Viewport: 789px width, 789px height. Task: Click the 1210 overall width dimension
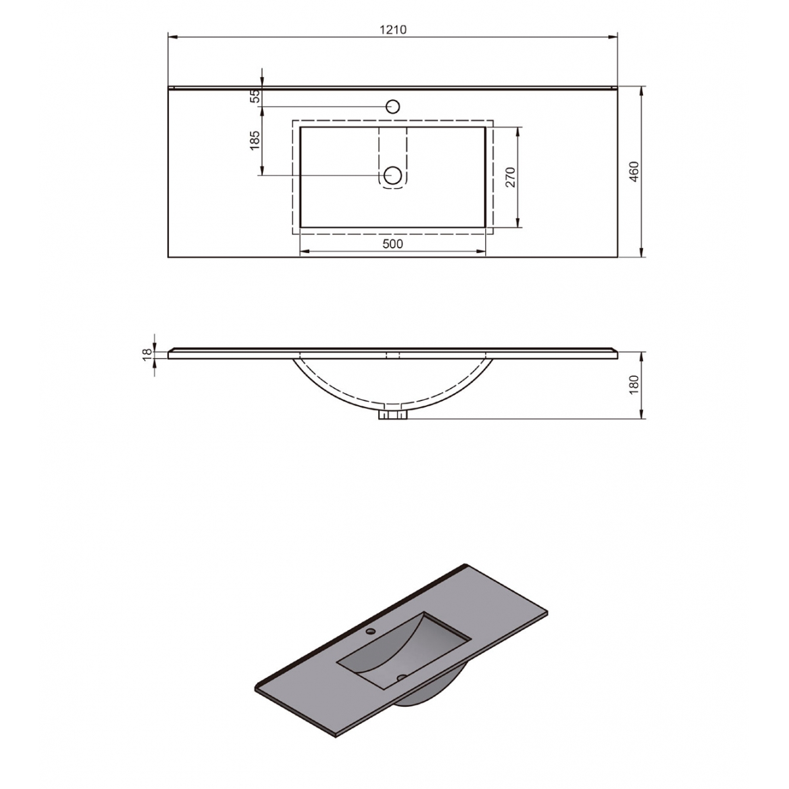pyautogui.click(x=393, y=30)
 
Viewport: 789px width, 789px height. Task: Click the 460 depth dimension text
pyautogui.click(x=634, y=172)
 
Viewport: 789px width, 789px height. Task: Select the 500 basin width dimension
pyautogui.click(x=392, y=244)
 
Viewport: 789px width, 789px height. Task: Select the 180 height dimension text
pyautogui.click(x=634, y=385)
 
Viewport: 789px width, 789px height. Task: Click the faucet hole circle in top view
pyautogui.click(x=393, y=107)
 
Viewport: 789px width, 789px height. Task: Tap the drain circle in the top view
pyautogui.click(x=393, y=175)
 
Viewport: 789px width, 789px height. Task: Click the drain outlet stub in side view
pyautogui.click(x=393, y=415)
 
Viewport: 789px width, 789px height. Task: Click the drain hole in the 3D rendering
pyautogui.click(x=400, y=677)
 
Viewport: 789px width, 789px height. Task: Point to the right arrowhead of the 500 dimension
pyautogui.click(x=481, y=252)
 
